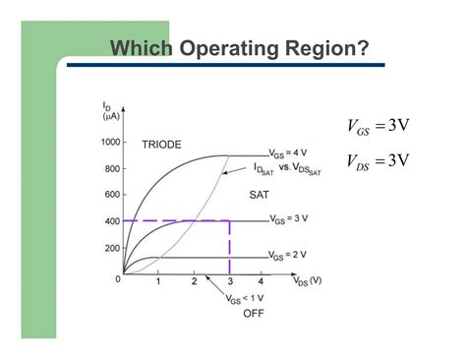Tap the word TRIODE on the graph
pyautogui.click(x=161, y=145)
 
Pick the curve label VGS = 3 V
pyautogui.click(x=294, y=220)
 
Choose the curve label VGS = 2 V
pyautogui.click(x=294, y=258)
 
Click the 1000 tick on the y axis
pyautogui.click(x=110, y=142)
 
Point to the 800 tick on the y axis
pyautogui.click(x=112, y=168)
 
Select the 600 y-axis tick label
pyautogui.click(x=112, y=195)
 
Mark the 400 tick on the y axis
pyautogui.click(x=112, y=221)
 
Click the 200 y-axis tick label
pyautogui.click(x=112, y=248)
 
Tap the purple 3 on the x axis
pyautogui.click(x=229, y=281)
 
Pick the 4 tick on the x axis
pyautogui.click(x=262, y=282)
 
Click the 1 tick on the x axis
pyautogui.click(x=158, y=282)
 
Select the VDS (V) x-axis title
pyautogui.click(x=307, y=280)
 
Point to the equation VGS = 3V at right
pyautogui.click(x=378, y=125)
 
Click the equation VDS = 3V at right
pyautogui.click(x=378, y=160)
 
